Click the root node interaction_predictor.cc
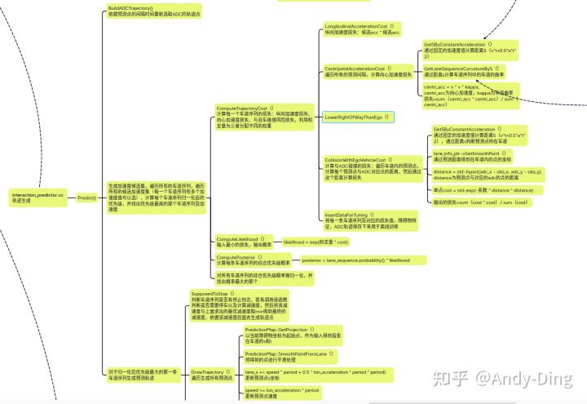37,197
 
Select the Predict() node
87,198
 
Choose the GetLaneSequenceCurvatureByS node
469,71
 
